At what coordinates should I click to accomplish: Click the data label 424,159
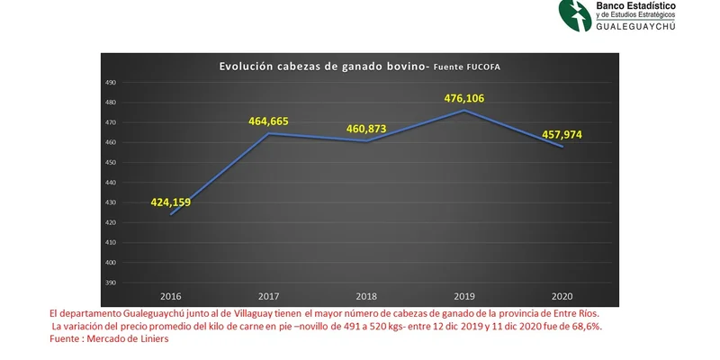tap(171, 202)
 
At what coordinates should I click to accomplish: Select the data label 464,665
tap(268, 121)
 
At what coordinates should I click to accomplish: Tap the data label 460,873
tap(366, 129)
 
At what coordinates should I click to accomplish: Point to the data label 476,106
tap(464, 98)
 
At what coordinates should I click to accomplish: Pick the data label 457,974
tap(562, 135)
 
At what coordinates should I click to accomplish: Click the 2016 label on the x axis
tap(171, 297)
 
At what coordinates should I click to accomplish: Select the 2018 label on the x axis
tap(366, 297)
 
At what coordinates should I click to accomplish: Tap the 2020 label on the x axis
tap(562, 297)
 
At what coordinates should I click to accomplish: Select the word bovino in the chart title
tap(409, 67)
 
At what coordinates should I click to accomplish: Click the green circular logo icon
tap(575, 15)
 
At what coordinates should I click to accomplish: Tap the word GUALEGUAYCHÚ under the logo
tap(635, 27)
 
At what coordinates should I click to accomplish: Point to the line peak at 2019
tap(464, 110)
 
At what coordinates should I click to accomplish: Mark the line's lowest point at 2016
tap(171, 214)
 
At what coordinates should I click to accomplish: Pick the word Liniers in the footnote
tap(156, 339)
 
